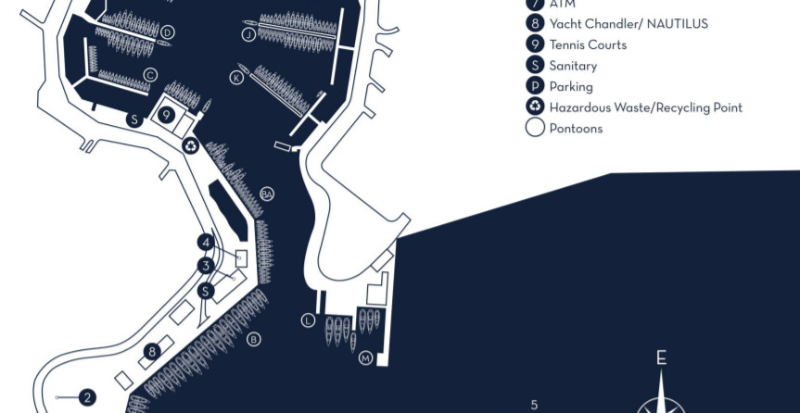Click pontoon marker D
167,32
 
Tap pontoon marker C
150,75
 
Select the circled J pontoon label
248,35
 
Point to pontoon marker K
237,78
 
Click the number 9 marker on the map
166,115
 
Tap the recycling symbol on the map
190,144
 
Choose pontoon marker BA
267,194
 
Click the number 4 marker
206,243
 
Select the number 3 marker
206,266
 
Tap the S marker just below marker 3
206,291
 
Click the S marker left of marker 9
133,119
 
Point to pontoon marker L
308,320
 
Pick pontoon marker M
365,358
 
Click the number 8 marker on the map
152,351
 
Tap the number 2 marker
87,398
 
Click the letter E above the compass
661,358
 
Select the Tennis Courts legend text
588,44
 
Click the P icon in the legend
535,86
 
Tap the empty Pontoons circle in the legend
535,128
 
